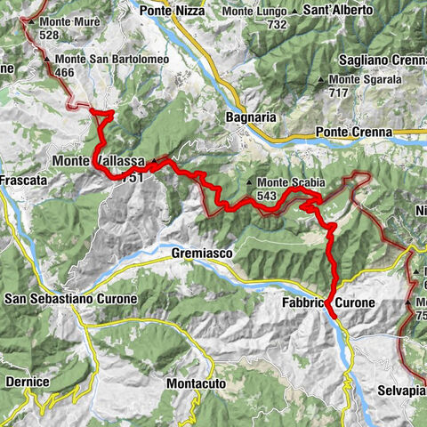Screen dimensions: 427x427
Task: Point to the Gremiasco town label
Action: click(x=200, y=254)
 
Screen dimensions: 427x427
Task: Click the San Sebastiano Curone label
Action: click(x=70, y=299)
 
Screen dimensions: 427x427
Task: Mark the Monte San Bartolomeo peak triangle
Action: click(x=47, y=60)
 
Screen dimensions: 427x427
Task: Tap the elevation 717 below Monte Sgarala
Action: click(x=338, y=92)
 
